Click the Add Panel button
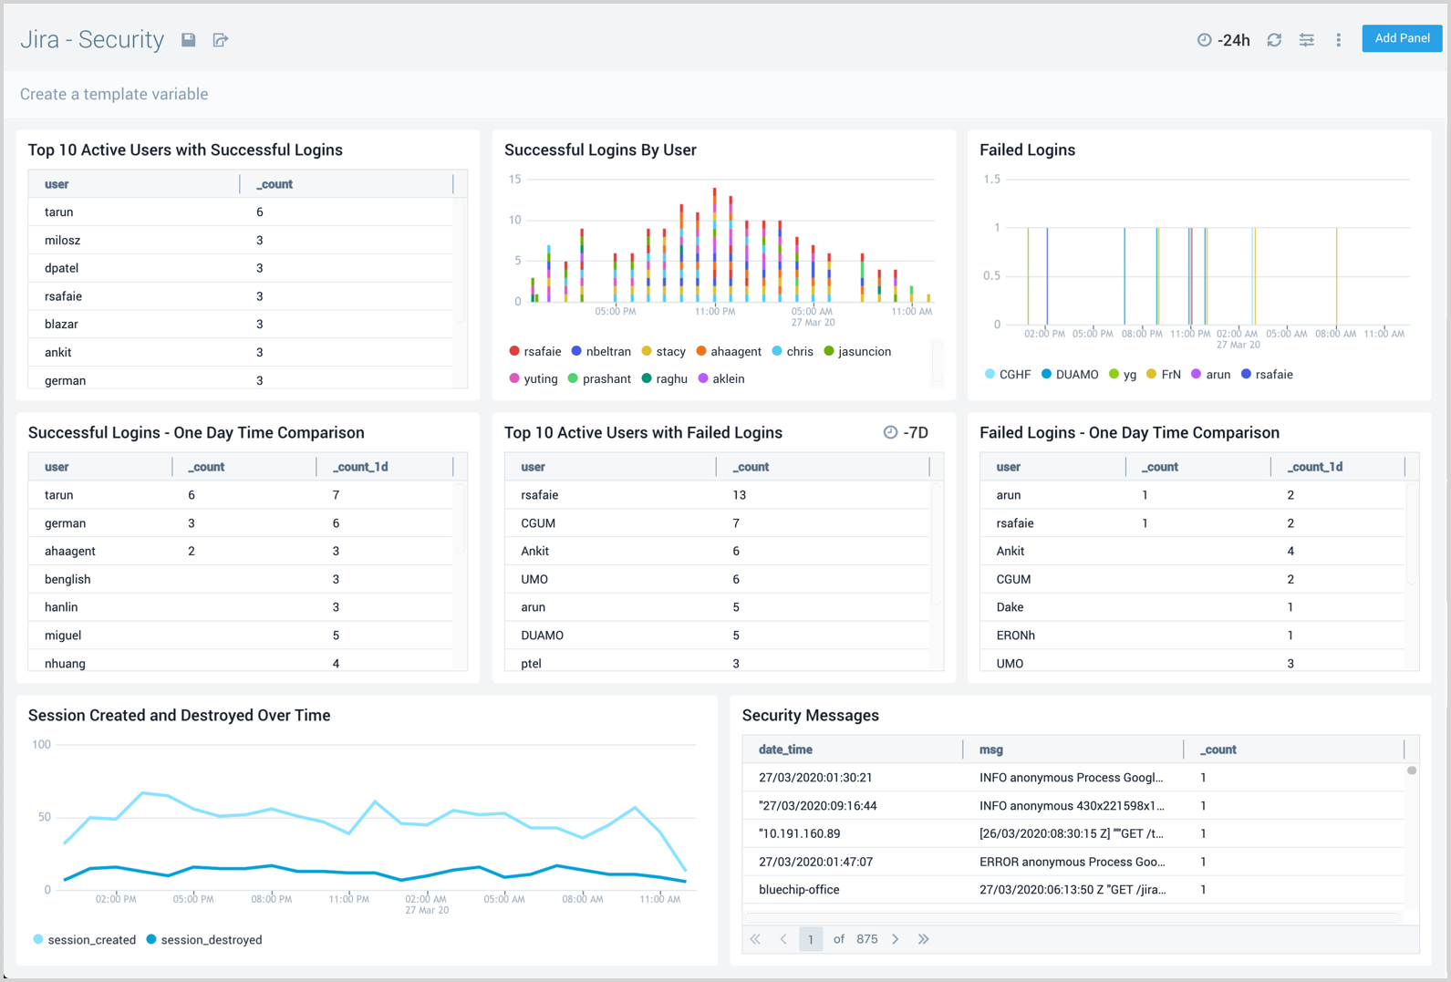coord(1401,38)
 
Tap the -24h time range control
coord(1224,40)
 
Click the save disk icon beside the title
coord(189,40)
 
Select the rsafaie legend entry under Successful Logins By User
coord(535,351)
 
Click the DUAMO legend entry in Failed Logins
coord(1071,375)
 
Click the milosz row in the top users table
coord(63,241)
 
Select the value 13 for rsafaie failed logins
coord(739,495)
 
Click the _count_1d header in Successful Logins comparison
coord(360,467)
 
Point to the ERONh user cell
coord(1015,636)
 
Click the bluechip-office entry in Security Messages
coord(799,890)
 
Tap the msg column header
coord(990,749)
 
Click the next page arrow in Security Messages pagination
coord(896,939)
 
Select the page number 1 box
coord(810,939)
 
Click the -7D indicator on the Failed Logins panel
coord(906,433)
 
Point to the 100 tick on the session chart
coord(41,745)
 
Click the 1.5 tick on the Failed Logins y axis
coord(991,180)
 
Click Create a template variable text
coord(114,94)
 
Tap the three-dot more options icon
coord(1338,40)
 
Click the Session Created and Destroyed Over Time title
coord(179,716)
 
